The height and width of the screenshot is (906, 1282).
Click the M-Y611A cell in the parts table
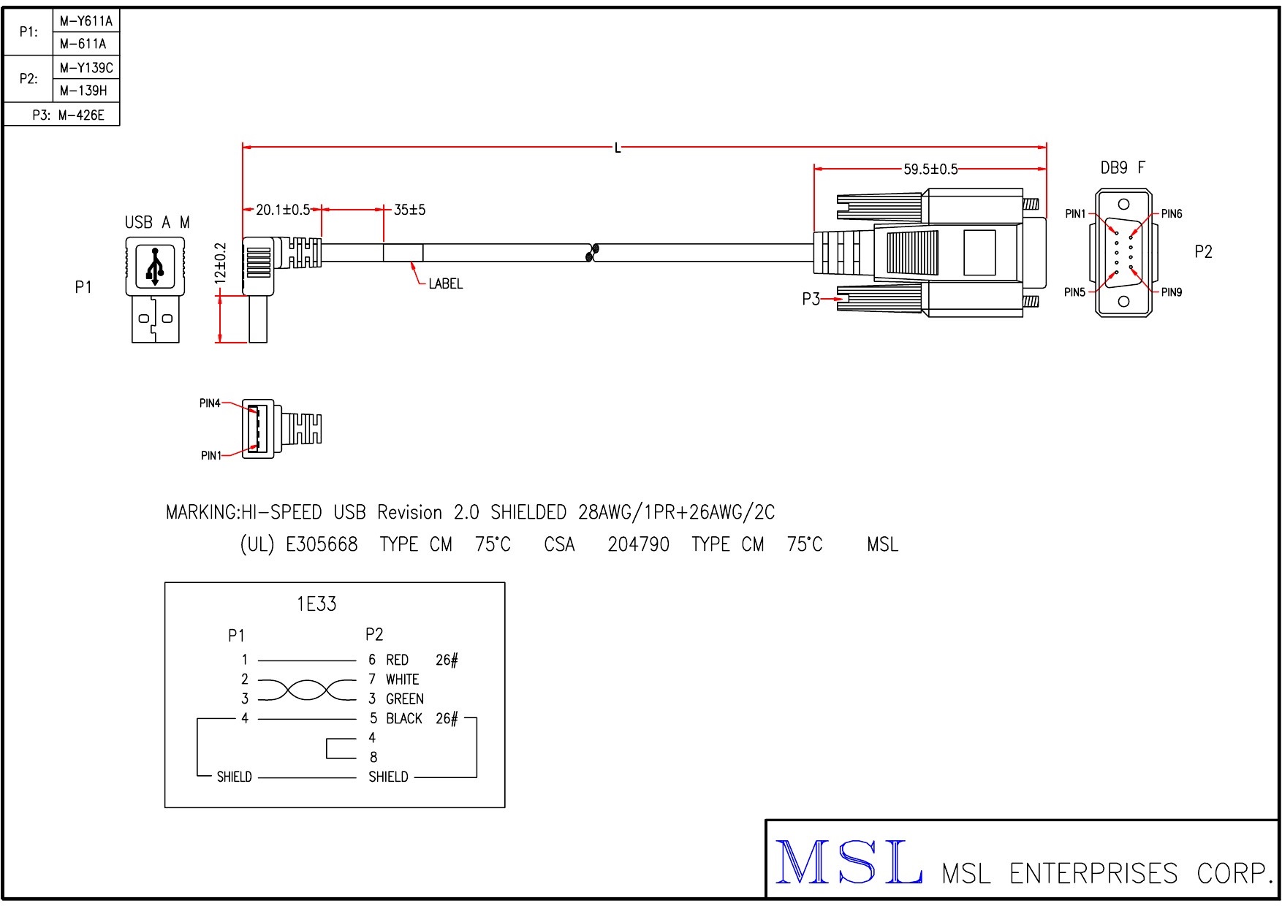[x=86, y=21]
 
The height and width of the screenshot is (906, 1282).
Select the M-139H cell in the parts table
[x=83, y=91]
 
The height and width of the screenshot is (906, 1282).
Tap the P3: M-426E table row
[x=68, y=115]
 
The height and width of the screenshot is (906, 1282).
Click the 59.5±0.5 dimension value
[x=930, y=170]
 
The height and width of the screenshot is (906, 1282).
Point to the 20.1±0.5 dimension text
[x=283, y=210]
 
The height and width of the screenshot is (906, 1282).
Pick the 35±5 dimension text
[x=409, y=210]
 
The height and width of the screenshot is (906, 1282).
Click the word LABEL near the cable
[x=445, y=284]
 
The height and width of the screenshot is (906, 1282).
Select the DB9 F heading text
[x=1123, y=168]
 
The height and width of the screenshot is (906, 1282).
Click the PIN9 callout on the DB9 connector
[x=1171, y=292]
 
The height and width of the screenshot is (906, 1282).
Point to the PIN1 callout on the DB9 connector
[x=1075, y=214]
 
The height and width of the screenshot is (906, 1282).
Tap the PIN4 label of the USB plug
[x=210, y=403]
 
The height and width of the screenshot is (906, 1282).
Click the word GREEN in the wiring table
[x=404, y=699]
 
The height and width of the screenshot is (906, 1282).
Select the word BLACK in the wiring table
[x=404, y=719]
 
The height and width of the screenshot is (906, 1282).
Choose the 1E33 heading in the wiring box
[x=316, y=604]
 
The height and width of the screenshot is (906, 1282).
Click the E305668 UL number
[x=322, y=545]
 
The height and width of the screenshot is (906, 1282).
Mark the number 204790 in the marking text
[x=638, y=545]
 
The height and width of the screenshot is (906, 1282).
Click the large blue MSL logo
[x=848, y=862]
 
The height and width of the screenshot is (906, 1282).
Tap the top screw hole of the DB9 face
[x=1123, y=204]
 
